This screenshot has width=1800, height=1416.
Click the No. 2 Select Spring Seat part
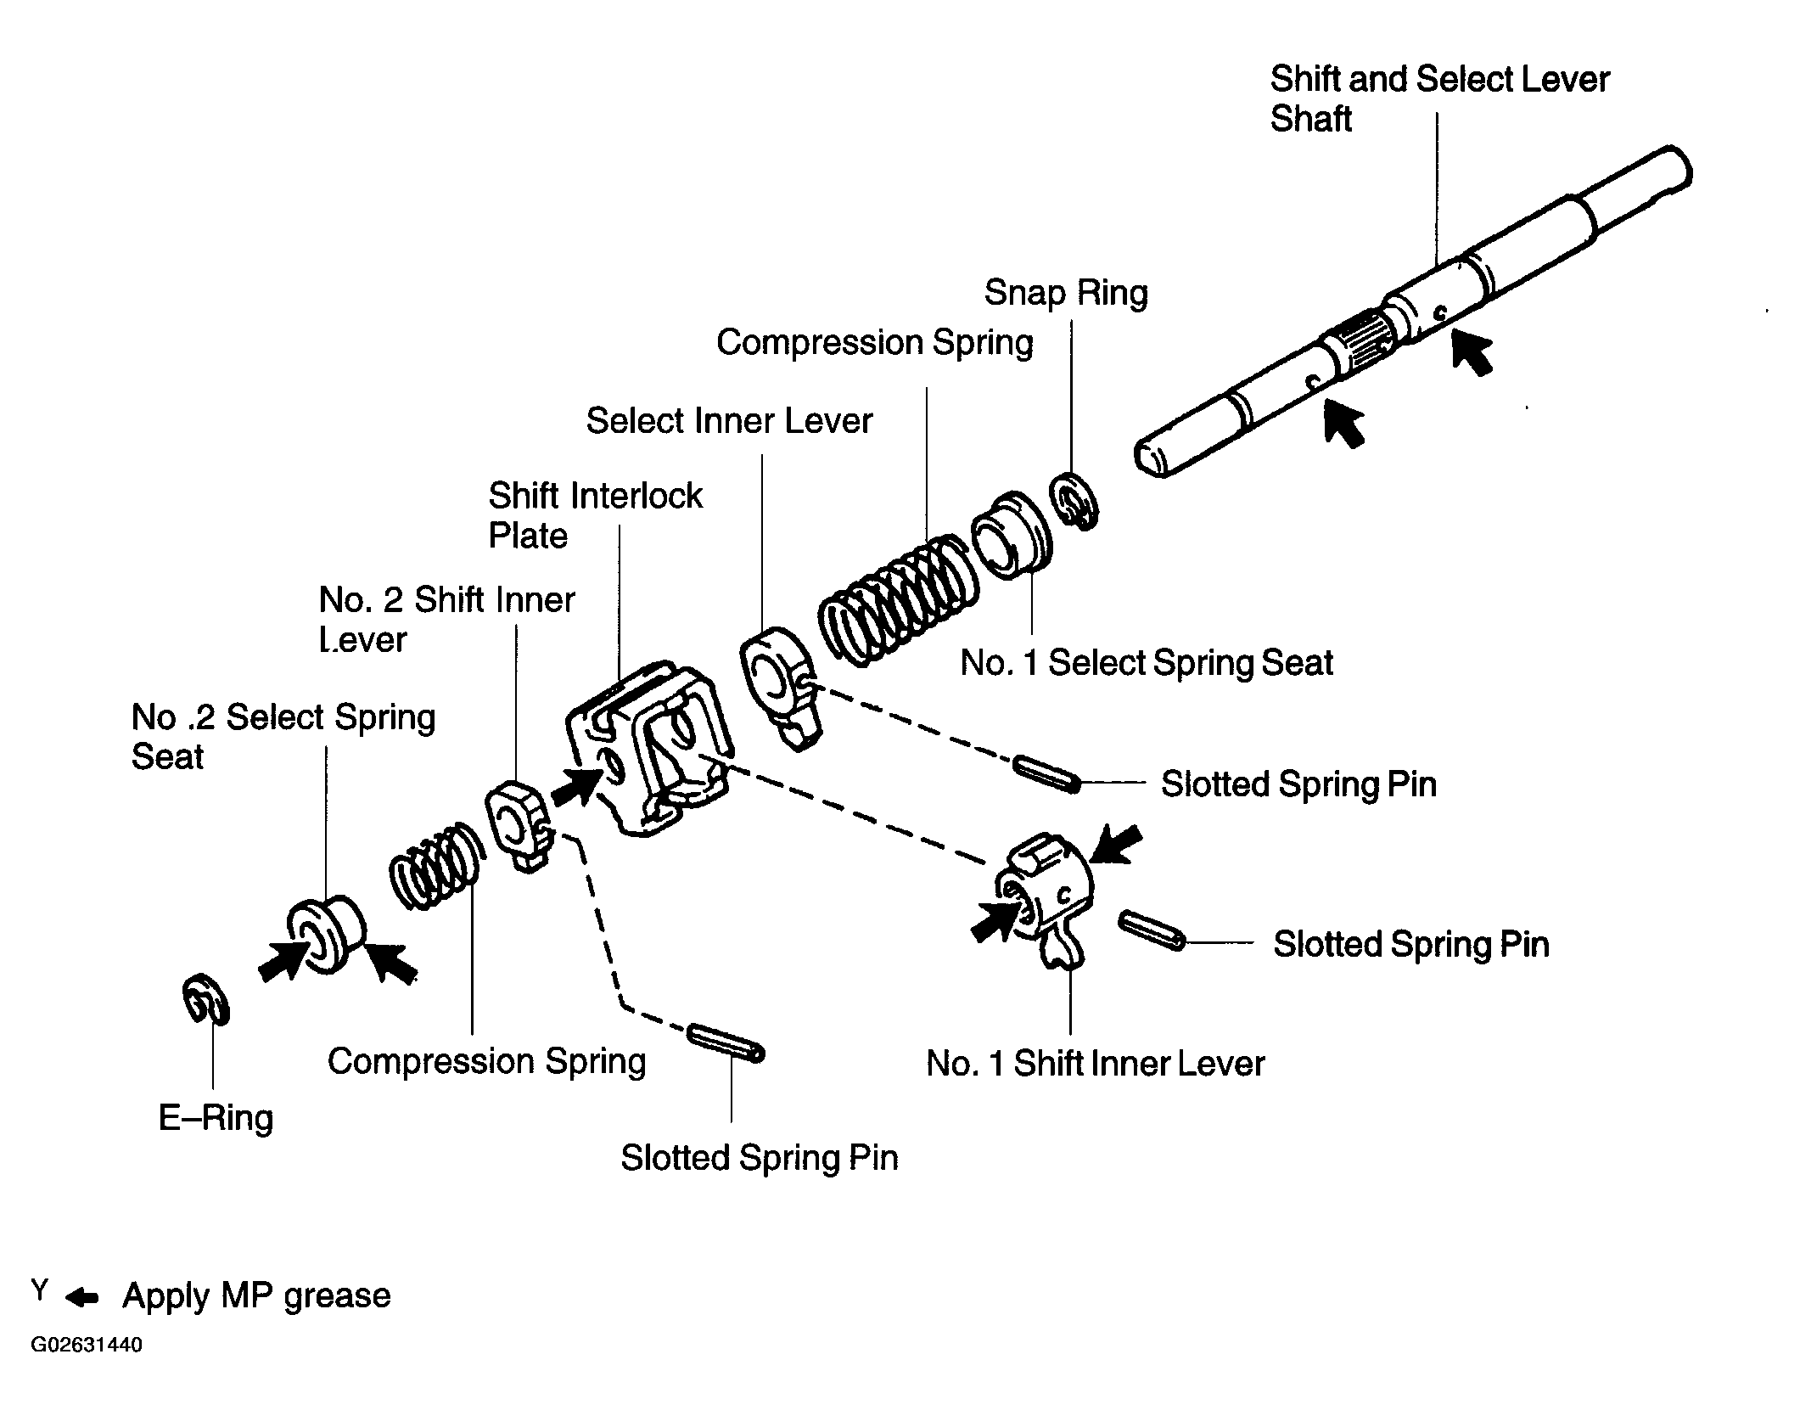tap(325, 934)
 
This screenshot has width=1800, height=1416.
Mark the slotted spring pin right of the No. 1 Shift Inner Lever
tap(1152, 930)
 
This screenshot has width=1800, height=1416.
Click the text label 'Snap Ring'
tap(1066, 293)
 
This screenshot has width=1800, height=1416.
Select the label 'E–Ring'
tap(216, 1118)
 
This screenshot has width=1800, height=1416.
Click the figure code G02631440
tap(87, 1346)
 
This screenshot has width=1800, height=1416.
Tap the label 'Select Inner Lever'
tap(729, 421)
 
